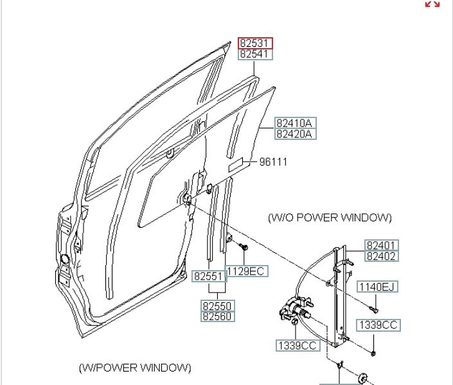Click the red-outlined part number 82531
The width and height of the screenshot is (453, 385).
256,44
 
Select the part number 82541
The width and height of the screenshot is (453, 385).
256,55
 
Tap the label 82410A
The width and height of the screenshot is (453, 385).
296,123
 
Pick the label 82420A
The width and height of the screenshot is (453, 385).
296,134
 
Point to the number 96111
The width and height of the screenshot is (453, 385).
273,162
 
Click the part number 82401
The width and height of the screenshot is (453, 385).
382,245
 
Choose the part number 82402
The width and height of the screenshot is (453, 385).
382,257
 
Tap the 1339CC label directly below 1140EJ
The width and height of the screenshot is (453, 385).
378,325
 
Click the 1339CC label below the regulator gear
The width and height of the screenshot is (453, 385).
298,346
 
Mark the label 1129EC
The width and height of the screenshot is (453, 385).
246,271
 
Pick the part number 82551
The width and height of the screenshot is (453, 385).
208,277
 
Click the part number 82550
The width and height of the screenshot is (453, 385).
217,306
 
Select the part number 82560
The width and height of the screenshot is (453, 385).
217,317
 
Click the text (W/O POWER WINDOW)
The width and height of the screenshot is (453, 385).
330,218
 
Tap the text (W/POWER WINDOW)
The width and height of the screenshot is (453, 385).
135,368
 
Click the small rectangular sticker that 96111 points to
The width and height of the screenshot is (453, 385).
236,164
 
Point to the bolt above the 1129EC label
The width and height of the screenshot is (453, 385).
244,248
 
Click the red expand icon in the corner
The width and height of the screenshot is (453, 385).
432,4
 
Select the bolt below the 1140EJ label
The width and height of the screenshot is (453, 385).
375,309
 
